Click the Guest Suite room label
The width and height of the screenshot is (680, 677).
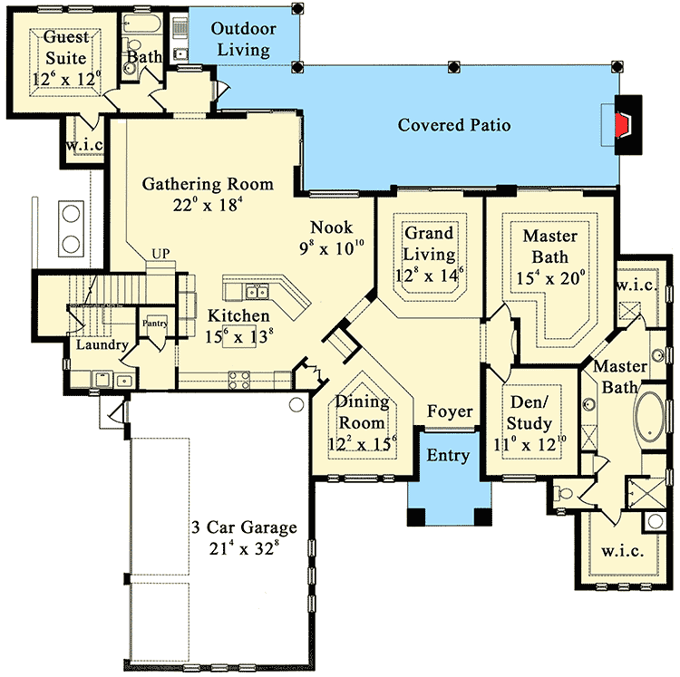point(61,47)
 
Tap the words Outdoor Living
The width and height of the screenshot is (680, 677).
point(241,39)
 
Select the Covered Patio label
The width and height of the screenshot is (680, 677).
point(453,125)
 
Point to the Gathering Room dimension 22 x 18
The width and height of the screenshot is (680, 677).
point(207,205)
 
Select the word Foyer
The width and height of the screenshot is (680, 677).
point(451,412)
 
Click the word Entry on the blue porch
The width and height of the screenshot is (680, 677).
point(448,455)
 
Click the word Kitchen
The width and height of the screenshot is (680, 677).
point(238,315)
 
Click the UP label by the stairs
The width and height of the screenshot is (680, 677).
point(160,253)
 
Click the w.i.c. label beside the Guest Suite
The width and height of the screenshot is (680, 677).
point(83,145)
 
